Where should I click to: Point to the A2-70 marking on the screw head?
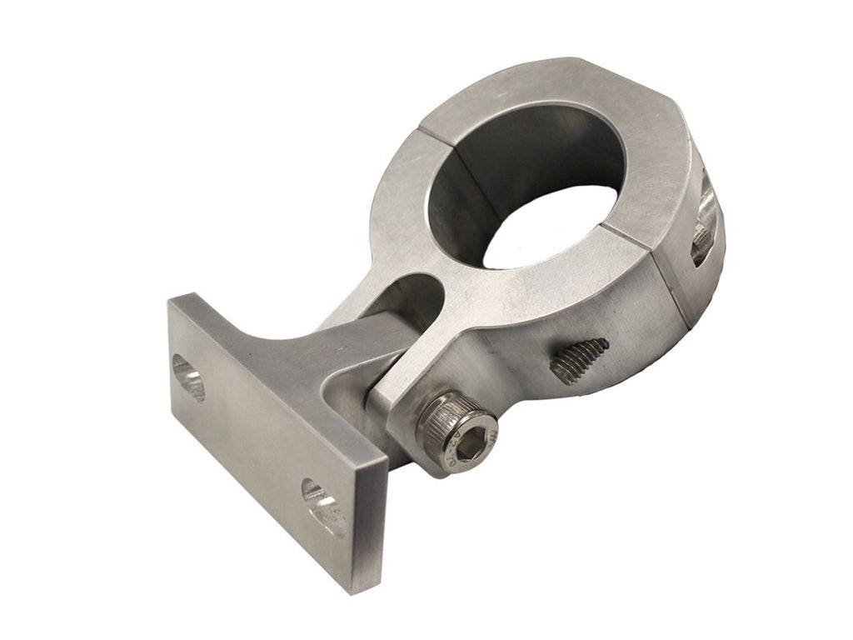487,442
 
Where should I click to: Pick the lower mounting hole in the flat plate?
323,505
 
